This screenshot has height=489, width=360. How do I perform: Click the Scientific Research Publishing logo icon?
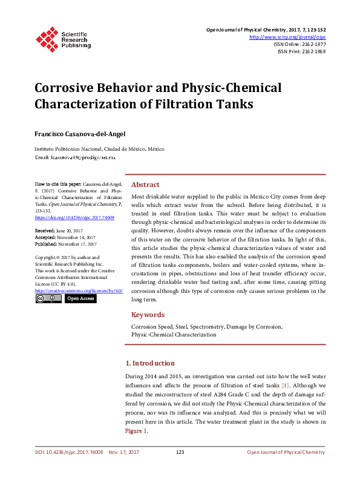(x=47, y=38)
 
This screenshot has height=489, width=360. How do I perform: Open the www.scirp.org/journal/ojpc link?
(x=287, y=37)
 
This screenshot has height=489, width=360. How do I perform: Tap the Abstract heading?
(x=145, y=185)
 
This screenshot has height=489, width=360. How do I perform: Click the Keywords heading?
(x=148, y=315)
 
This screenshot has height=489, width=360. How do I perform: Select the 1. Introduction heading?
(x=149, y=363)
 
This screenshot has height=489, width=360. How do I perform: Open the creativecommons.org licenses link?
(x=79, y=290)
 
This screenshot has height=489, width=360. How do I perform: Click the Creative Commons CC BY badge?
(x=48, y=298)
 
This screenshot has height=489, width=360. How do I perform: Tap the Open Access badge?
(x=80, y=298)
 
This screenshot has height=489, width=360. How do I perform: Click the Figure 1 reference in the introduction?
(x=136, y=432)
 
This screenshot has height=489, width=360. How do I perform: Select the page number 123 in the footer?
(x=180, y=452)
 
